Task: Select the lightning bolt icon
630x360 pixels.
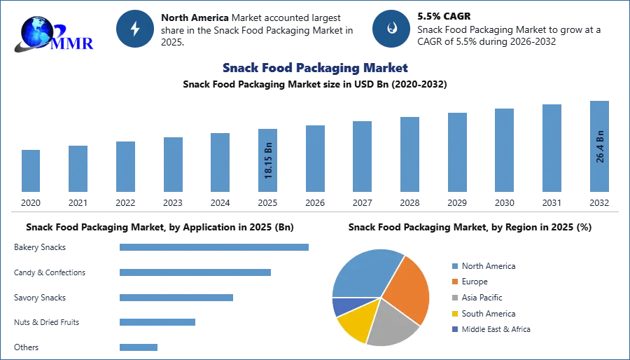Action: (x=135, y=29)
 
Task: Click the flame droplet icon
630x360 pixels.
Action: (x=391, y=29)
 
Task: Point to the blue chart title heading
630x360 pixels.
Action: (x=314, y=69)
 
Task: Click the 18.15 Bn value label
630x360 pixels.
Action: (x=269, y=161)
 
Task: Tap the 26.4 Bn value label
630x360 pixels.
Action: (x=600, y=146)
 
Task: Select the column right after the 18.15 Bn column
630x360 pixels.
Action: (x=314, y=159)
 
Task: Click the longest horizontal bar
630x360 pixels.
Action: (x=215, y=247)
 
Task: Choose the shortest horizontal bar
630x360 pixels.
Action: (x=139, y=347)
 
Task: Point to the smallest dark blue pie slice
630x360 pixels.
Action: (x=339, y=306)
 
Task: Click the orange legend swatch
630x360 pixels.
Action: (x=454, y=282)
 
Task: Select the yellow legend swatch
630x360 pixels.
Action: (x=454, y=313)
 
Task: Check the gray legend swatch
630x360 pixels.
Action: (x=454, y=298)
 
